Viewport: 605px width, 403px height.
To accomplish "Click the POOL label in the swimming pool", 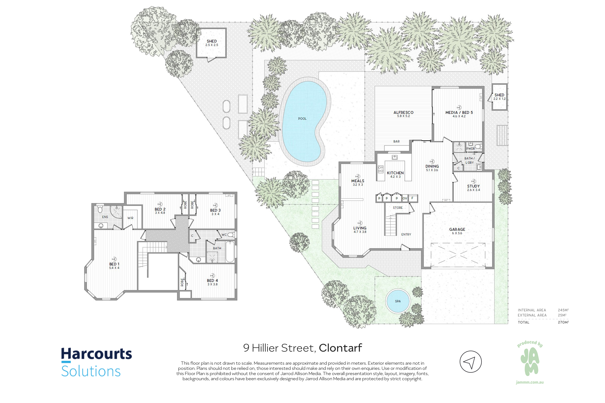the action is (x=302, y=118).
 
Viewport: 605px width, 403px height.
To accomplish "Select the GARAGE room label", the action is (x=457, y=229).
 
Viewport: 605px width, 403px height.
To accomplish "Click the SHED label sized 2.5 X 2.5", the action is (x=212, y=41).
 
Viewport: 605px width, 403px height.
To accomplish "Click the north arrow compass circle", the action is (x=471, y=362).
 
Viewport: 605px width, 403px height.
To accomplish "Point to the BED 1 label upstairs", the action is (x=114, y=264).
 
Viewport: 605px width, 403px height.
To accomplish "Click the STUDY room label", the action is (x=473, y=186).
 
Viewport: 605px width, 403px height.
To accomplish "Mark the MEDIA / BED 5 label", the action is (x=459, y=112).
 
